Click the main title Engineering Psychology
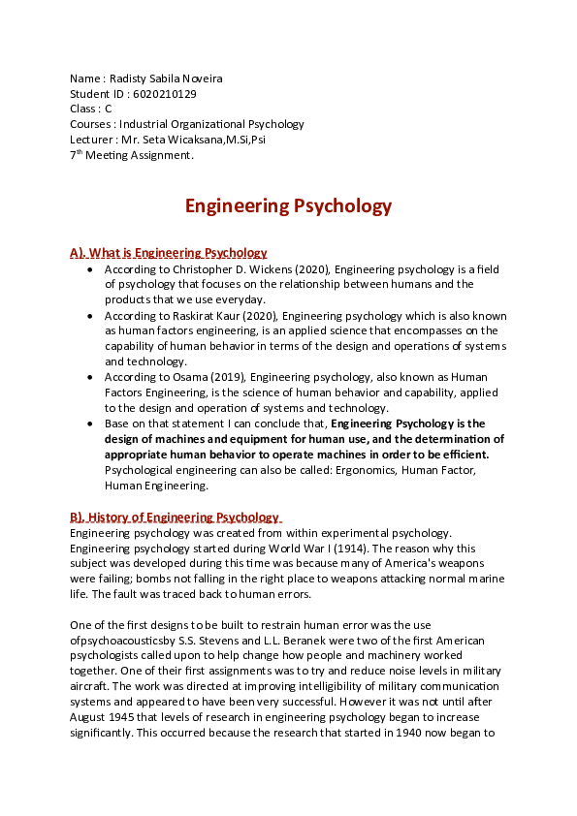pyautogui.click(x=288, y=205)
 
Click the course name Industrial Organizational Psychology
pyautogui.click(x=211, y=124)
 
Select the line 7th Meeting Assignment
pyautogui.click(x=132, y=155)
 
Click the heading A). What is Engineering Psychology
pyautogui.click(x=168, y=253)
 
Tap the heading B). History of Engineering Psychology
pyautogui.click(x=175, y=518)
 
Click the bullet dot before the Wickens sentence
pyautogui.click(x=90, y=269)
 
